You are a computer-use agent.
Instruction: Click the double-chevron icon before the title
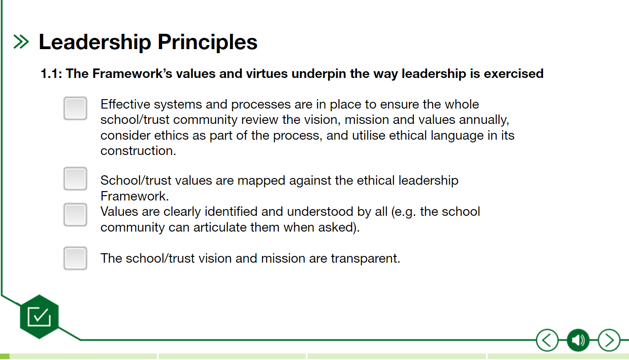click(x=21, y=41)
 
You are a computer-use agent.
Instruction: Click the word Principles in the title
click(x=207, y=42)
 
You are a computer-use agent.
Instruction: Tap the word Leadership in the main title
click(x=95, y=42)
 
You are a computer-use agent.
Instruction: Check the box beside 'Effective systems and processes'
click(x=75, y=108)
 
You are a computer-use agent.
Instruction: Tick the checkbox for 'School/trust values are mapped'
click(x=75, y=179)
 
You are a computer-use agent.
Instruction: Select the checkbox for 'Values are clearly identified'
click(x=75, y=214)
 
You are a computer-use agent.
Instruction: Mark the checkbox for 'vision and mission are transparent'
click(x=75, y=258)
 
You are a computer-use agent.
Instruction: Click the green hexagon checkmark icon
click(x=39, y=317)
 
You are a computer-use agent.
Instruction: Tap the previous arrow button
click(x=547, y=340)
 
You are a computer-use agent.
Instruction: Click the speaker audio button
click(x=578, y=340)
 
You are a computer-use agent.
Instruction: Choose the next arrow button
click(x=609, y=340)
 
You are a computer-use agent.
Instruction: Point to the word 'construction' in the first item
click(x=137, y=151)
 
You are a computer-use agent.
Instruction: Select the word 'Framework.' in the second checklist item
click(x=135, y=196)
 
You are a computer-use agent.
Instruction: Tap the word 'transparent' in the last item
click(x=365, y=259)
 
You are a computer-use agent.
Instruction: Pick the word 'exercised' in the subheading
click(x=513, y=73)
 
